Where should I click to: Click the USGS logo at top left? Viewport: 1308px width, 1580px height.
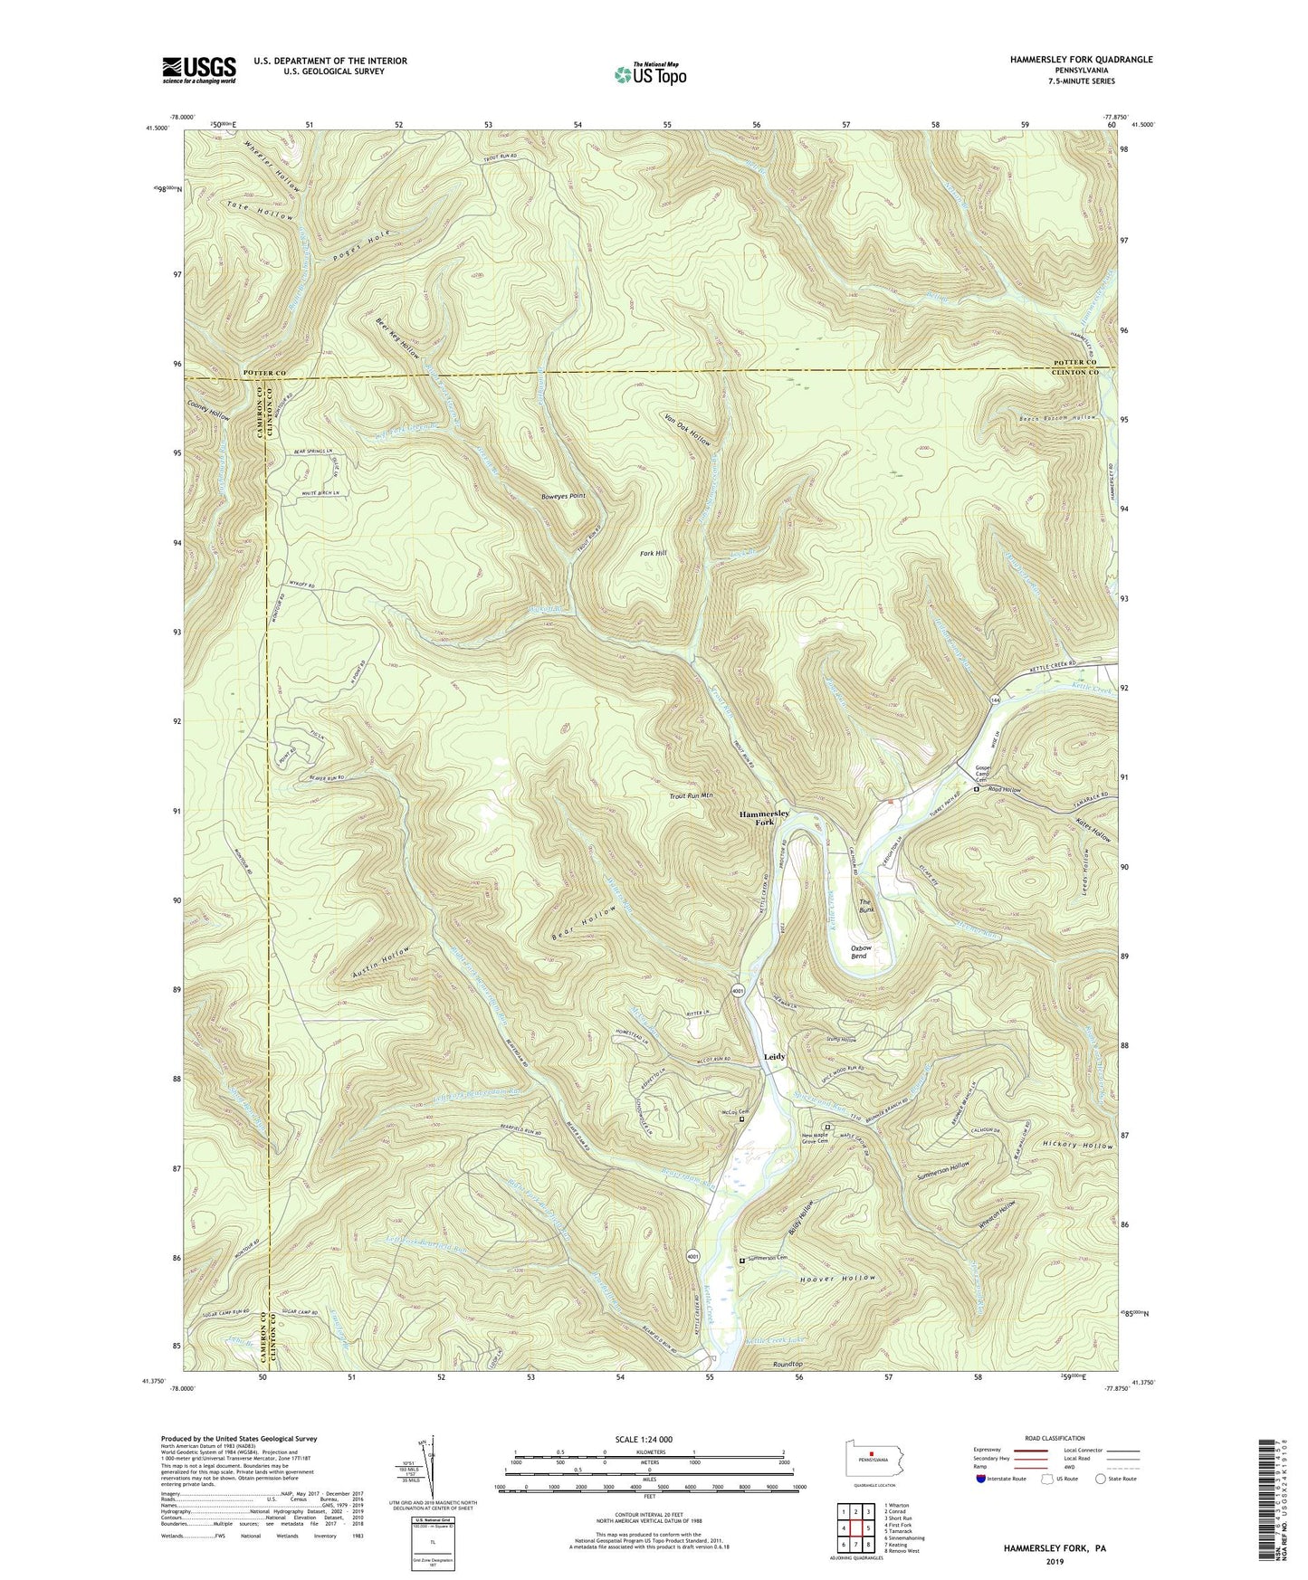[199, 70]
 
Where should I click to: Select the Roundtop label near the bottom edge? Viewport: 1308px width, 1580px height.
[788, 1364]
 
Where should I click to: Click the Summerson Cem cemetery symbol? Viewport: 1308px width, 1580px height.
[743, 1260]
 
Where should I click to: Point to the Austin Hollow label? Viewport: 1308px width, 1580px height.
[381, 962]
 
